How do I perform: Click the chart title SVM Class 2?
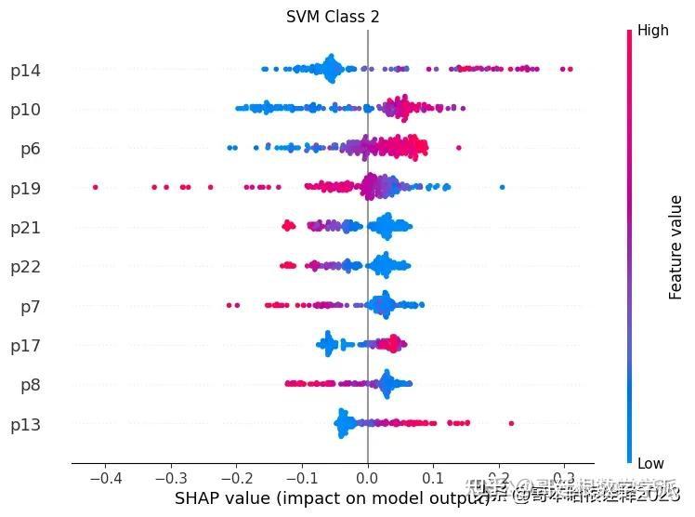pos(333,17)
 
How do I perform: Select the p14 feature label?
pos(25,71)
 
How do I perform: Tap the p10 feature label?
pos(25,110)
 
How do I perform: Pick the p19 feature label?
pos(25,189)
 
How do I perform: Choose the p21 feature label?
pos(25,228)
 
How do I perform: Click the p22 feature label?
pos(25,267)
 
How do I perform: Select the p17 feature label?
pos(25,346)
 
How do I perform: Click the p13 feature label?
pos(25,425)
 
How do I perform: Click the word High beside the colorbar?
pos(653,31)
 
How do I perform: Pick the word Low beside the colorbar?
pos(650,463)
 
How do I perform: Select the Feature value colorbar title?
pos(676,247)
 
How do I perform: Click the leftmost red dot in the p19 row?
pos(96,188)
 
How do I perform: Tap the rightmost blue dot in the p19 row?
pos(503,188)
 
